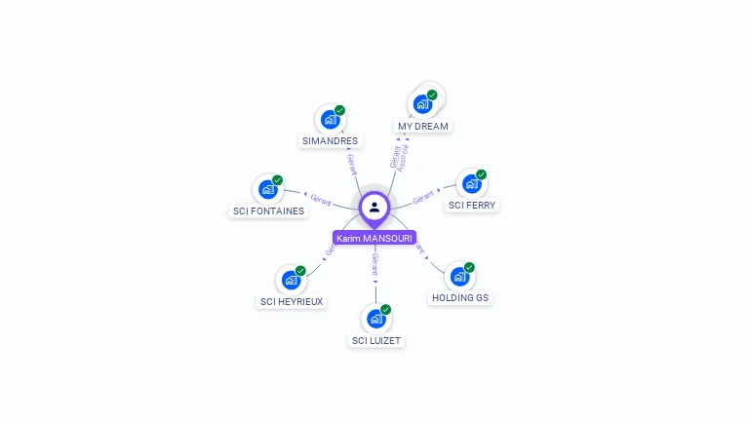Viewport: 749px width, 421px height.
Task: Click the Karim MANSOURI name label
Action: [x=374, y=238]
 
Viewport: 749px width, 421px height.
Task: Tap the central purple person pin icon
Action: [x=374, y=207]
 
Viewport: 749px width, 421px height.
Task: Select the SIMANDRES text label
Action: [x=330, y=140]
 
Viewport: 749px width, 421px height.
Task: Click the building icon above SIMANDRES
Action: [x=331, y=120]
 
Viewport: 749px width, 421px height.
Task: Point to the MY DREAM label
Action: [x=423, y=127]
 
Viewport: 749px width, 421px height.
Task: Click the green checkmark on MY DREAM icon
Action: [x=432, y=95]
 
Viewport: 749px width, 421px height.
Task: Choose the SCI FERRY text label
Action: [x=472, y=206]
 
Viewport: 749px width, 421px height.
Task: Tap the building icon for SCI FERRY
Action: [x=472, y=183]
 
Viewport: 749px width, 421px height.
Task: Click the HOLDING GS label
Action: [x=459, y=297]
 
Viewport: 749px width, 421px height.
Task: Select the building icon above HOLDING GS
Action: [x=459, y=277]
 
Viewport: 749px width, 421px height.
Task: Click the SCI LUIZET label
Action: [x=376, y=340]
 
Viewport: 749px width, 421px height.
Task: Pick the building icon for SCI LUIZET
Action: [x=376, y=319]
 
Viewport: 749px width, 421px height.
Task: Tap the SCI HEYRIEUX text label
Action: [x=292, y=301]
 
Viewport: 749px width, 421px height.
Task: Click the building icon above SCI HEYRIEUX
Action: [x=291, y=280]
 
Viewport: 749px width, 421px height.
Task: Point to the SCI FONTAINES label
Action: [x=268, y=210]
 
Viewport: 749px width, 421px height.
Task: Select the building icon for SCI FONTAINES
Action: [x=267, y=189]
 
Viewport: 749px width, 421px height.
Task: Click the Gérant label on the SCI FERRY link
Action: [x=423, y=198]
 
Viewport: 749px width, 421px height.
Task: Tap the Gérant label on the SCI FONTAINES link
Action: [x=321, y=199]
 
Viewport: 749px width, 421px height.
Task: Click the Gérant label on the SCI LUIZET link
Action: [x=374, y=264]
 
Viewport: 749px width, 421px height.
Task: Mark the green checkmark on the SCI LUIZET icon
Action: [x=385, y=309]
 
